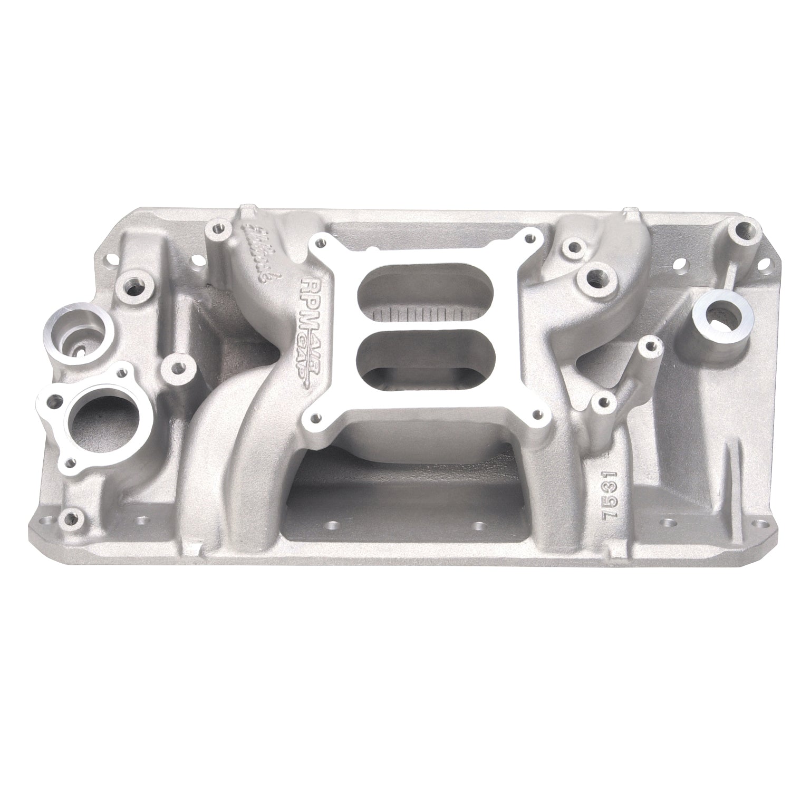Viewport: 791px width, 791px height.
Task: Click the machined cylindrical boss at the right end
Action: [x=720, y=325]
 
